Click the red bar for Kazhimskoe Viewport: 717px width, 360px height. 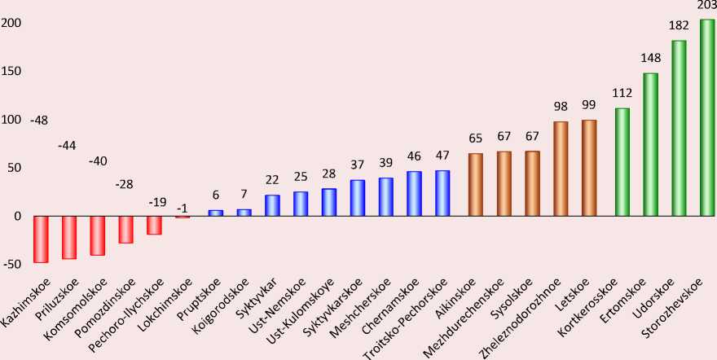pos(41,239)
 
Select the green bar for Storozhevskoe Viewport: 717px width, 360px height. pos(707,117)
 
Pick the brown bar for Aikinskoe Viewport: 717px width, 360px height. pos(476,184)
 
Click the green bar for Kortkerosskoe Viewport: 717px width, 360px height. pos(622,161)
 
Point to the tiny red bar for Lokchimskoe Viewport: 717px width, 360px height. pos(183,217)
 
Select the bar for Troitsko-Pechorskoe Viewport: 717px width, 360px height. pos(442,193)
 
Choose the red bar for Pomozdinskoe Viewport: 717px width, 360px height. pos(125,229)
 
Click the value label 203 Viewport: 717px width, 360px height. pos(706,6)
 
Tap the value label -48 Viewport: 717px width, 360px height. pos(38,121)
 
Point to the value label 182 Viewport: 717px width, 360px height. pos(678,26)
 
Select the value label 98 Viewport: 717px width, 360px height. pos(561,108)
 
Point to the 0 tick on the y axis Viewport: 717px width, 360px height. pos(15,217)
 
